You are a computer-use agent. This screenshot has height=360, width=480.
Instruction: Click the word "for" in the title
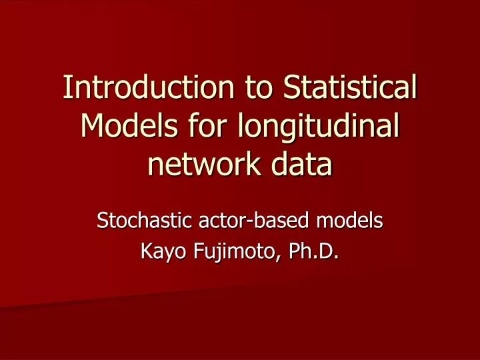click(x=206, y=127)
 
